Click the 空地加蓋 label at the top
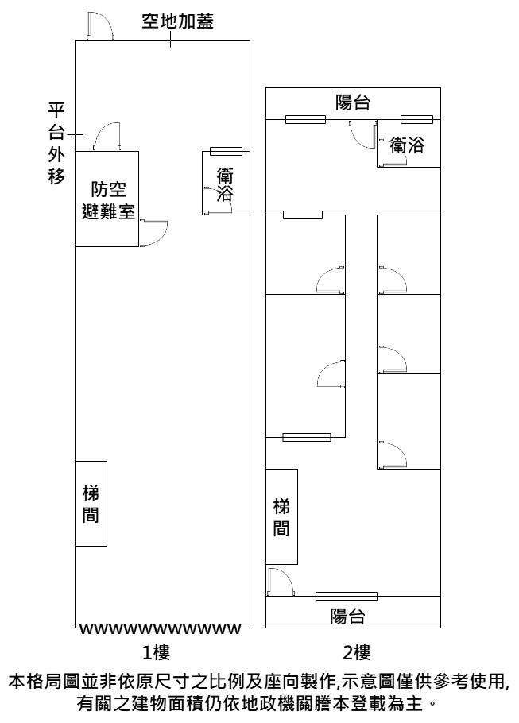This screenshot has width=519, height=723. point(176,21)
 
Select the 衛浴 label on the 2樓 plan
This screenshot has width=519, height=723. point(407,145)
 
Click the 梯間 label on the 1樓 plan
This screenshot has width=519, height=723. point(91,503)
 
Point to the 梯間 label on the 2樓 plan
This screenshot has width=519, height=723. point(281,516)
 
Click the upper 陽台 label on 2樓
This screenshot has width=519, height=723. point(353,102)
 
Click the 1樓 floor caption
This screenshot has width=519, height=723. point(157,653)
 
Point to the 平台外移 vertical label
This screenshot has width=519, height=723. point(56,143)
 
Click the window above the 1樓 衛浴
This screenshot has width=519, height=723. point(226,152)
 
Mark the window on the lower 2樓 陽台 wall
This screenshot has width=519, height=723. point(346,596)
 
